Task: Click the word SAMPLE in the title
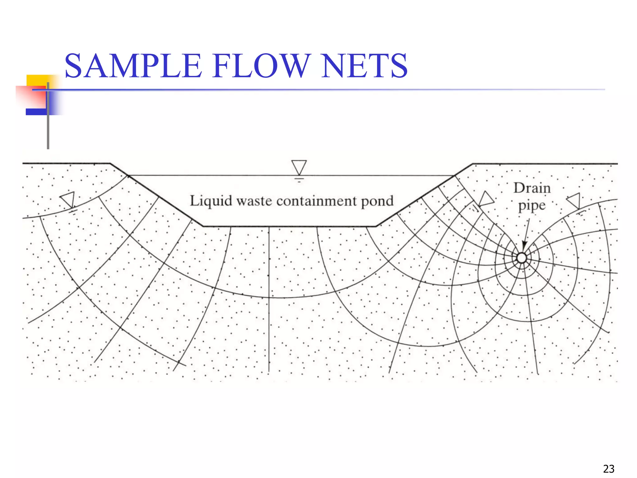133,66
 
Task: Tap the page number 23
608,469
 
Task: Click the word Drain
532,188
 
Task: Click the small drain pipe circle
522,258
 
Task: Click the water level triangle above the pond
299,167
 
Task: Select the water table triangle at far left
68,199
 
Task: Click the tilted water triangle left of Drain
485,199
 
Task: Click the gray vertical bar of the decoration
48,131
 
